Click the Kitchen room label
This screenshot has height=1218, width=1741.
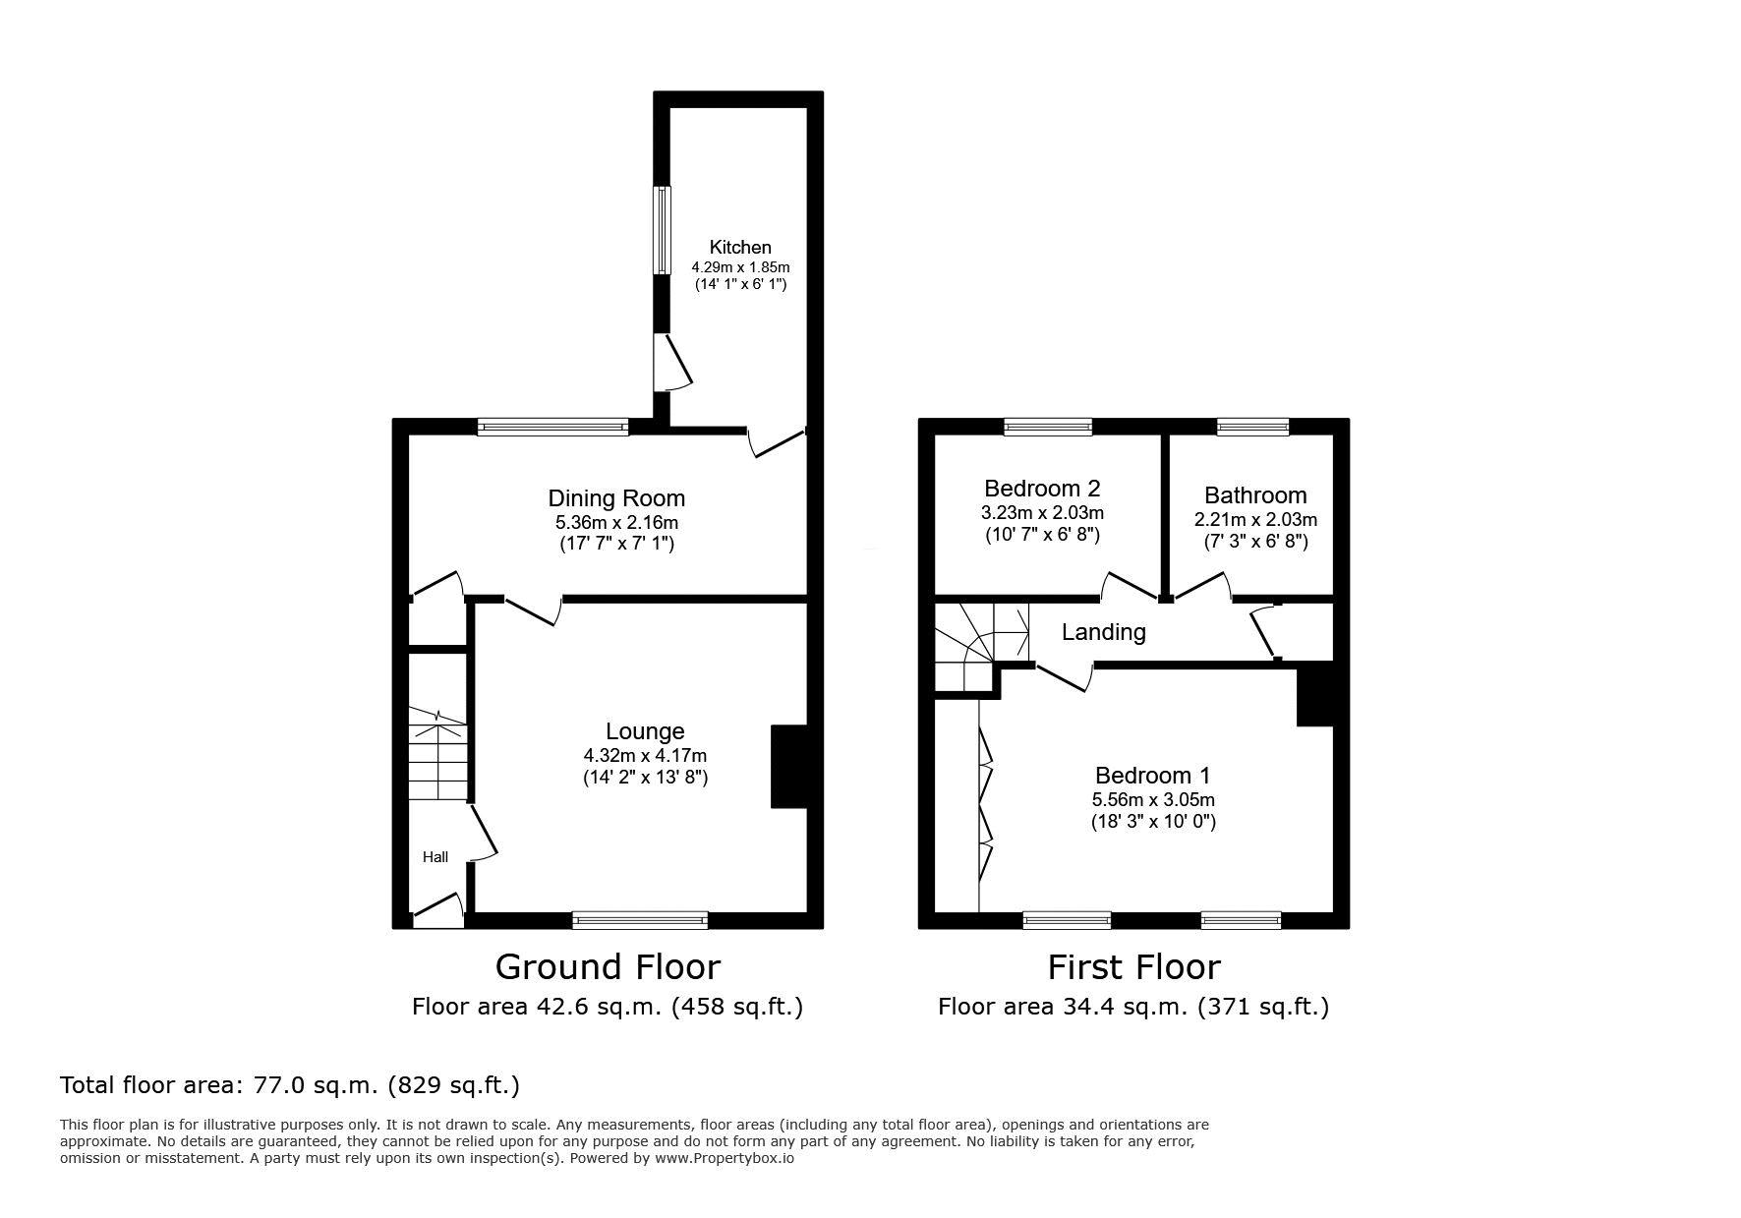(740, 247)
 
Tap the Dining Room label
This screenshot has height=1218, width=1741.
(616, 498)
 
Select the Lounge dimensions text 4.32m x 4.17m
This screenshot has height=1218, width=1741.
(645, 756)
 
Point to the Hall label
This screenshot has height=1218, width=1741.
(435, 857)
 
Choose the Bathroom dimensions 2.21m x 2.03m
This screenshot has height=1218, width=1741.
(1255, 519)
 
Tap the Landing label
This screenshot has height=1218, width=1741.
(1103, 631)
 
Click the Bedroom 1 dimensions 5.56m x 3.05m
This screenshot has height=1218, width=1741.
(1153, 800)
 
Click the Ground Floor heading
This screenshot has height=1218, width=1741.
(608, 966)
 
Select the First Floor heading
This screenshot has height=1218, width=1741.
(1133, 966)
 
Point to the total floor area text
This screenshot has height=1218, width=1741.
(290, 1085)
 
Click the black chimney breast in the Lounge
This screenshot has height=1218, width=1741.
(789, 767)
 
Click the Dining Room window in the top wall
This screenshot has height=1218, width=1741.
(553, 427)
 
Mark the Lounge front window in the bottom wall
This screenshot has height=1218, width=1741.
(640, 921)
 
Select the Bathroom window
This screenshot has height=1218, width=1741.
(1252, 427)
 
